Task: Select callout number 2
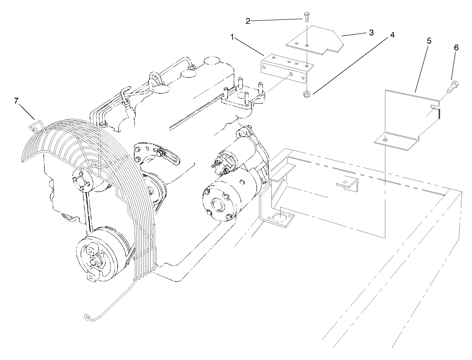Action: (248, 21)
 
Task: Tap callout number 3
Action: (372, 32)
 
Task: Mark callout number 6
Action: (457, 48)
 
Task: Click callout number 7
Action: (16, 101)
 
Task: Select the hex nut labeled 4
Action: (306, 94)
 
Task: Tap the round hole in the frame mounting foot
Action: (279, 218)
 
